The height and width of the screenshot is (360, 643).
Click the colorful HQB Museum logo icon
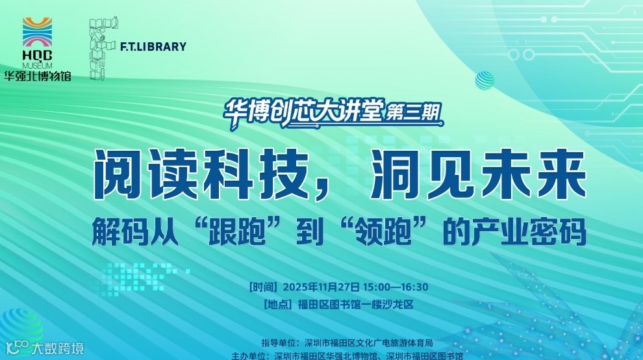(x=38, y=32)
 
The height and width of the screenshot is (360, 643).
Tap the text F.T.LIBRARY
(x=153, y=47)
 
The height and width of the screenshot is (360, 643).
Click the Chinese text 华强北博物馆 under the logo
(x=38, y=75)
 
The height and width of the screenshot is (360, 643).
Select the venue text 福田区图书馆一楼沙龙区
(x=355, y=303)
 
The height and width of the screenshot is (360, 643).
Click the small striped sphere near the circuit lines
(x=485, y=81)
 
